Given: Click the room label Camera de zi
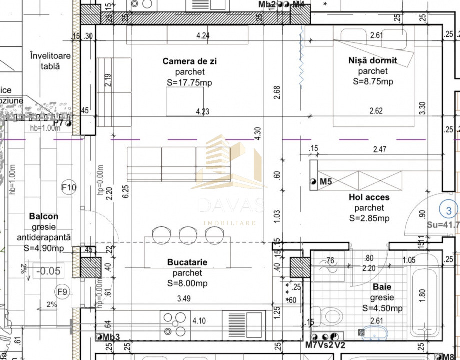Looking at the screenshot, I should [x=190, y=61].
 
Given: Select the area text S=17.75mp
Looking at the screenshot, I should [x=189, y=83].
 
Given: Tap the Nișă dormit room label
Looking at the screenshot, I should [x=372, y=60].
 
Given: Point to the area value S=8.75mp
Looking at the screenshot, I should [x=372, y=82].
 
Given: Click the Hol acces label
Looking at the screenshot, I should [x=369, y=197].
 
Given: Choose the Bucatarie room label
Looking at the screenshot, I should [x=187, y=262].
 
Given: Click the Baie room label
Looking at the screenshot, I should [x=382, y=287].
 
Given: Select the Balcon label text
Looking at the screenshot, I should [x=43, y=217].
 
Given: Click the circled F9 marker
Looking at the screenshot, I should [x=62, y=292].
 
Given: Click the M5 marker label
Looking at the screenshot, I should [x=326, y=182].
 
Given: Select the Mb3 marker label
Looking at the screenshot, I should [x=111, y=337].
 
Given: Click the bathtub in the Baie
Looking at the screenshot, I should [x=425, y=300].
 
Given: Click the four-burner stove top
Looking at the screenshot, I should [x=174, y=323].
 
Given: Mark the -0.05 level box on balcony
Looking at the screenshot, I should [x=49, y=271].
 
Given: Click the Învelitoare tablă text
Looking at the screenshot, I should [x=50, y=61].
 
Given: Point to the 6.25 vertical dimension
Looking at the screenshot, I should [x=126, y=191].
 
